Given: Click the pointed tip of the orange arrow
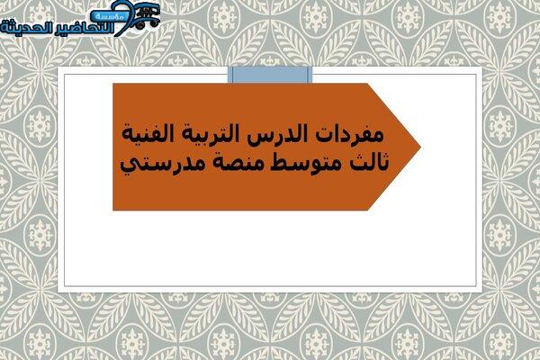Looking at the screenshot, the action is tap(420, 147).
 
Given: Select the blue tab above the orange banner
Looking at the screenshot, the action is tap(270, 75).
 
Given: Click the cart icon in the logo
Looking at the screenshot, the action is tap(147, 15).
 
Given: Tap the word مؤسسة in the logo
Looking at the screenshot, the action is tap(109, 16).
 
